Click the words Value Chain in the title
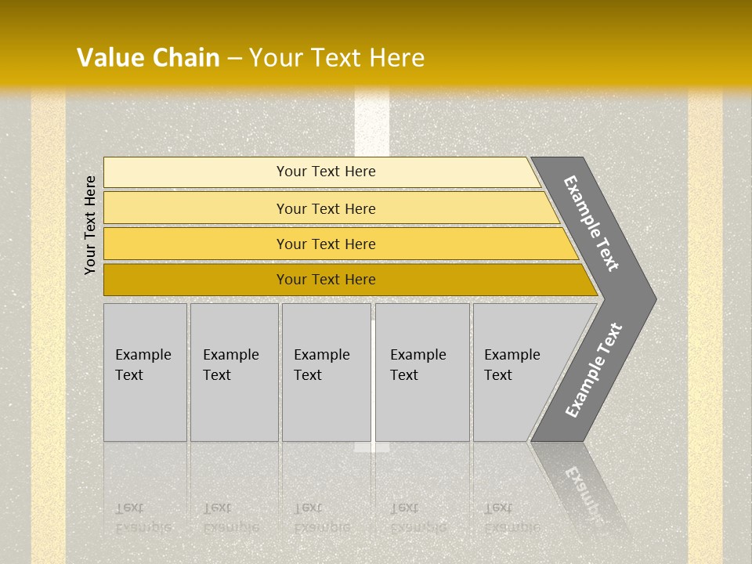[148, 58]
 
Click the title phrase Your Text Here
[337, 58]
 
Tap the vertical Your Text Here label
[90, 225]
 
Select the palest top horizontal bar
[196, 172]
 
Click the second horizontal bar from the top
[196, 208]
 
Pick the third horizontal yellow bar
[196, 244]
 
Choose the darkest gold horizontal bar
[196, 280]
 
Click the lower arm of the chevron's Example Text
[594, 371]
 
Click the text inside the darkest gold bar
[326, 280]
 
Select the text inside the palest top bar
[326, 172]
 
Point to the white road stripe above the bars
[371, 121]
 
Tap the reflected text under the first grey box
[143, 518]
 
